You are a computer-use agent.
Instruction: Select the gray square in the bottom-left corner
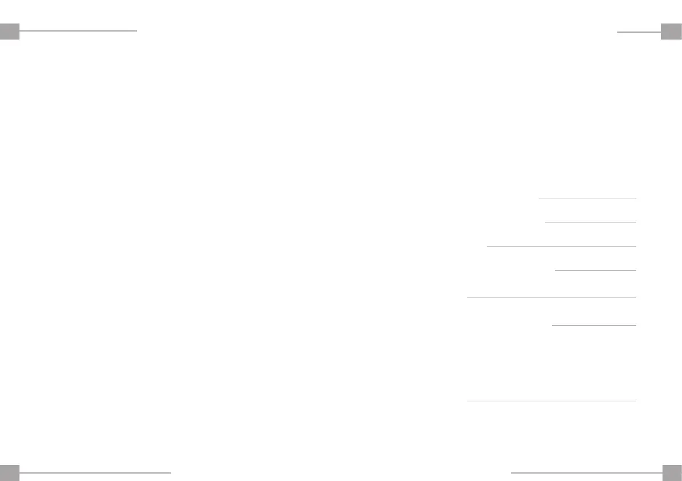tap(10, 472)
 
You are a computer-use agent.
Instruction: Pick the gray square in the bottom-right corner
tap(671, 472)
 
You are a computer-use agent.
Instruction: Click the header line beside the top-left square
tap(78, 30)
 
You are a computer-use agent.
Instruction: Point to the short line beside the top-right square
tap(639, 32)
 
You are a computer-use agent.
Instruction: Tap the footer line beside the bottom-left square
tap(96, 472)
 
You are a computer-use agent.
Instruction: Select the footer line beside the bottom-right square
tap(586, 472)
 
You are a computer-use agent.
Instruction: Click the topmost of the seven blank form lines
tap(587, 198)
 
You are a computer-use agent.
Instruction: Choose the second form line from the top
tap(590, 221)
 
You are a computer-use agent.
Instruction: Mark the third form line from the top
tap(561, 246)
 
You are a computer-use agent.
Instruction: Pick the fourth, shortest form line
tap(596, 269)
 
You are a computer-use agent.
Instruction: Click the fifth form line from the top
tap(551, 298)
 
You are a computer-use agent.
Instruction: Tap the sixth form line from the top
tap(594, 325)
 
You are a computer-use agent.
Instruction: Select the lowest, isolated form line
tap(551, 401)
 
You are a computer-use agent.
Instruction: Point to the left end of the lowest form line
tap(468, 401)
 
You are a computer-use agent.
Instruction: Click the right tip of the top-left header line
tap(136, 30)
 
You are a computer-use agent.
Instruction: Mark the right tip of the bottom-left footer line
tap(171, 472)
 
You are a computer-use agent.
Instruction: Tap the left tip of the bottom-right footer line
tap(511, 472)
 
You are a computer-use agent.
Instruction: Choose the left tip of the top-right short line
tap(618, 32)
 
